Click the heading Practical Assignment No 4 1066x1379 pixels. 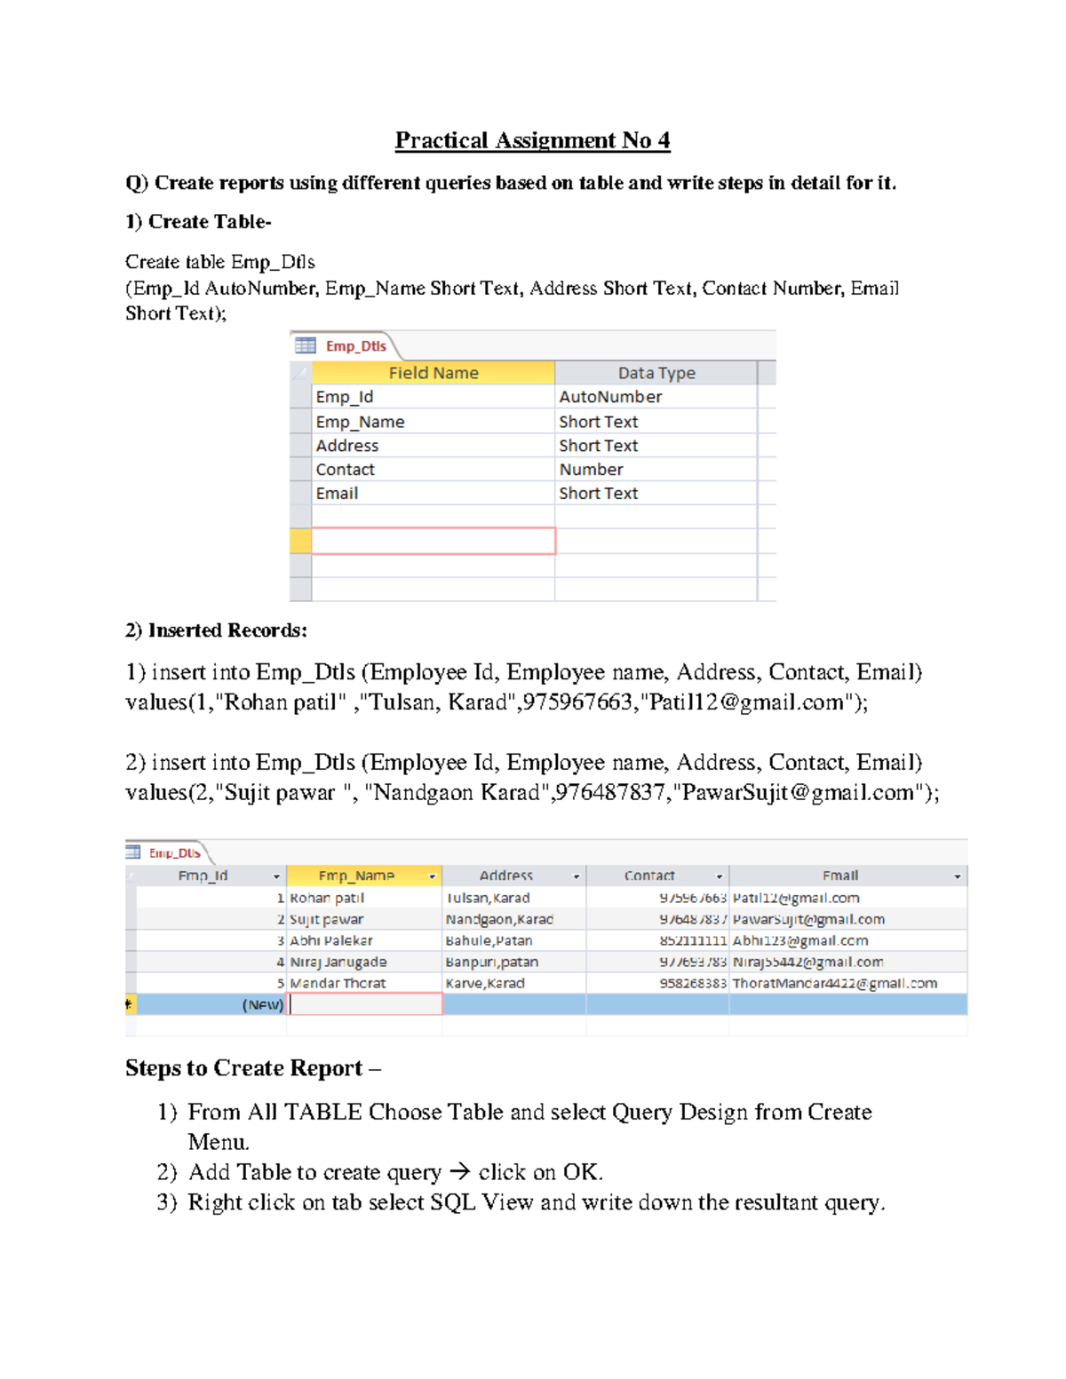coord(532,140)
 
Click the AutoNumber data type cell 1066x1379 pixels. coord(610,397)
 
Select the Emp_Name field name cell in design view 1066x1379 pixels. coord(360,422)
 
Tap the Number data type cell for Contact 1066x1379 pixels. coord(591,469)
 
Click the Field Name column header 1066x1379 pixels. coord(434,373)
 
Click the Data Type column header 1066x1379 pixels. coord(656,373)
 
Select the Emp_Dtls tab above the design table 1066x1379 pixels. coord(354,346)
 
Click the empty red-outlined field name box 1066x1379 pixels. coord(434,541)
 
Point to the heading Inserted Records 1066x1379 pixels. coord(216,630)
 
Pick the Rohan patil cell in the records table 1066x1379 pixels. coord(327,898)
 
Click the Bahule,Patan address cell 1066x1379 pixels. coord(489,940)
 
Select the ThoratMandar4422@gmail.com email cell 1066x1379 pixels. coord(834,983)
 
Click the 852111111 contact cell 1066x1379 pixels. coord(693,940)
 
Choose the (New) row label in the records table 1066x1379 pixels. coord(263,1004)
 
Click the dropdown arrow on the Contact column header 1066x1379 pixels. coord(720,876)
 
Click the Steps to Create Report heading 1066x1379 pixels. coord(243,1068)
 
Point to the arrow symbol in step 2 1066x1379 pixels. coord(459,1172)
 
